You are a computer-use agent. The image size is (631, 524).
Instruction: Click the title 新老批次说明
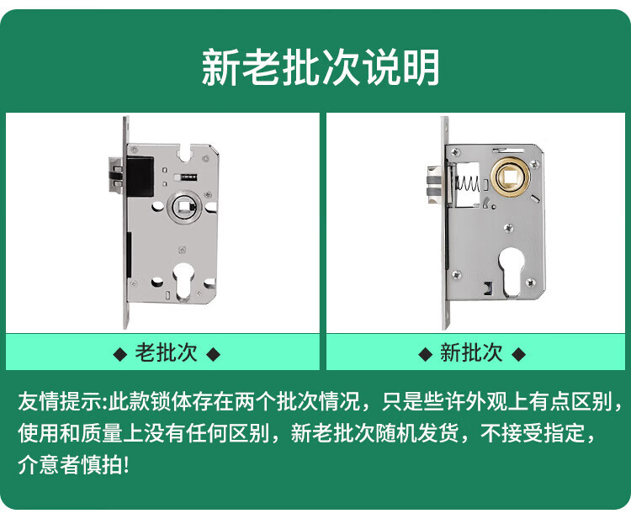point(320,67)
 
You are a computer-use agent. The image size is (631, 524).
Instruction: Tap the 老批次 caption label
point(166,353)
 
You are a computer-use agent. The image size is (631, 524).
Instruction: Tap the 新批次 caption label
point(471,353)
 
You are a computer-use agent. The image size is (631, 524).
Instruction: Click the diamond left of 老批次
point(120,355)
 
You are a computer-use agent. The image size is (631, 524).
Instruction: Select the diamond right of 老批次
point(214,355)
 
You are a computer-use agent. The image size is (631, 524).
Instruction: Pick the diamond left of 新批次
point(426,355)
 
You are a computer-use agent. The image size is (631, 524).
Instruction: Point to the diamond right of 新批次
point(519,355)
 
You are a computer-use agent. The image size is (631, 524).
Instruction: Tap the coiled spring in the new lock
point(467,184)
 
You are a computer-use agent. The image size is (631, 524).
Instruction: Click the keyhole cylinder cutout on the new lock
point(512,272)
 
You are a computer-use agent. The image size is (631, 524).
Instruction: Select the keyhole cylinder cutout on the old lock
point(183,282)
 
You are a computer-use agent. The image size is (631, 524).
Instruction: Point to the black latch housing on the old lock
point(140,177)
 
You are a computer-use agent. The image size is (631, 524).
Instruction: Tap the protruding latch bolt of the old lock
point(115,175)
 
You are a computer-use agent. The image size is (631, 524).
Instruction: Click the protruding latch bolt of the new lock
point(436,185)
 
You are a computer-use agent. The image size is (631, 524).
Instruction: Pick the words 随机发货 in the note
point(417,433)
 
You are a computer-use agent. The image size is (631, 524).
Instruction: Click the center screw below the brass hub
point(509,228)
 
